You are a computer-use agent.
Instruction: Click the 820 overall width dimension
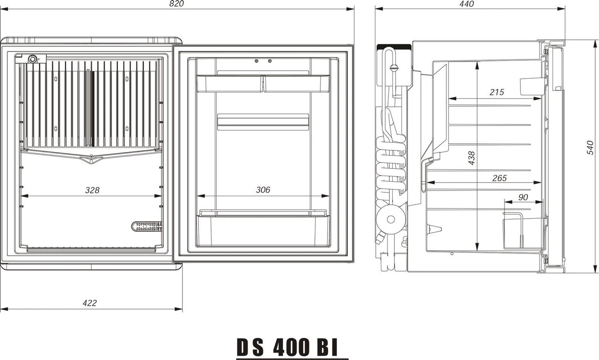coord(176,4)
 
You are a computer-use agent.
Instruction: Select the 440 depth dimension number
coord(467,4)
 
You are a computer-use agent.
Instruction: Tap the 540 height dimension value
coord(591,147)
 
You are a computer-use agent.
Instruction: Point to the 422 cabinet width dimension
coord(89,303)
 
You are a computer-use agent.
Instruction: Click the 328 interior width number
coord(92,190)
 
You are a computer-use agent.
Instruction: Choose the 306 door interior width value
coord(263,190)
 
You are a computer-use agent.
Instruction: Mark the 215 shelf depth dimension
coord(497,92)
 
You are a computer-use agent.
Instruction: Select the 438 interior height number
coord(472,158)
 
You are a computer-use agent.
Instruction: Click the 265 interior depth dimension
coord(499,178)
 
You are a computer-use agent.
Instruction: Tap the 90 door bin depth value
coord(523,198)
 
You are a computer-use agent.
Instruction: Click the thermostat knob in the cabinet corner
coord(33,59)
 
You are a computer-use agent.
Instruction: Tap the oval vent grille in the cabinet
coord(147,227)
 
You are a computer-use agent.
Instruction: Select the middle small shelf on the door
coord(263,121)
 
